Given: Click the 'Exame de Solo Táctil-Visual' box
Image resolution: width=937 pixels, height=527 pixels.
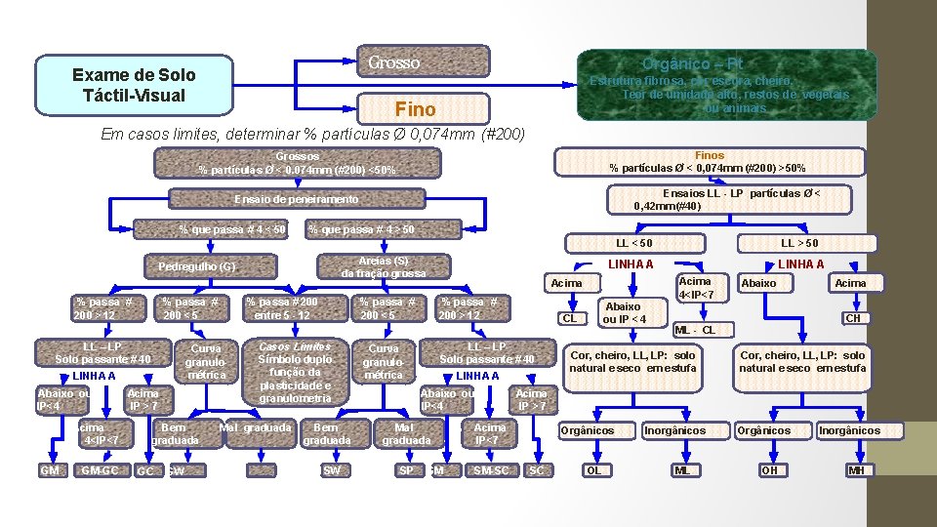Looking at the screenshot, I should (134, 85).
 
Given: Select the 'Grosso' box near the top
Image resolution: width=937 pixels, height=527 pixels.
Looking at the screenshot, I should (393, 63).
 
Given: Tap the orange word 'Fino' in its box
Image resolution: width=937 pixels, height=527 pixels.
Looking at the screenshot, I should (415, 107).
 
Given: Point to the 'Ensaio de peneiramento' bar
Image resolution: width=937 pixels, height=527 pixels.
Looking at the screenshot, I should (297, 199).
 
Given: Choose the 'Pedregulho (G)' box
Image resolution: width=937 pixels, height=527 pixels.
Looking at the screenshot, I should (197, 266).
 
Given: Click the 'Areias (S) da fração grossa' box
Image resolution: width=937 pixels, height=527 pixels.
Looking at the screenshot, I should (383, 266).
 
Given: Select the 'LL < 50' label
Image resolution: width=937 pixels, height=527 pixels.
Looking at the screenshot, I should (634, 242).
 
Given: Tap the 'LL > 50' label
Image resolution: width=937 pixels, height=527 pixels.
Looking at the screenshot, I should (799, 242).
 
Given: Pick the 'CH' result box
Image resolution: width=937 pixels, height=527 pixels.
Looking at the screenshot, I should (852, 318).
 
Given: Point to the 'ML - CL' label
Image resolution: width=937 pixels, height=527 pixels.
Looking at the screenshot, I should (695, 330).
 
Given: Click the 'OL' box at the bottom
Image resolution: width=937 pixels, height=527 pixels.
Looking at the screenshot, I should (592, 470).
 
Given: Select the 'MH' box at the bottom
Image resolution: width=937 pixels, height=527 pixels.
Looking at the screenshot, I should (857, 470).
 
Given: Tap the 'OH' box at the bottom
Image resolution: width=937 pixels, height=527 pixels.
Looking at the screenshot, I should (770, 470).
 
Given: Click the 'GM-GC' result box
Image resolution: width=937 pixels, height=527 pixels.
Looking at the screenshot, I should (100, 470).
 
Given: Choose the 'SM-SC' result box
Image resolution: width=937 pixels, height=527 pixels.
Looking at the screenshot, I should (490, 470).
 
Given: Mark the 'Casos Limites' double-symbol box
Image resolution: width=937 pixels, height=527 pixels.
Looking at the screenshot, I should (293, 372).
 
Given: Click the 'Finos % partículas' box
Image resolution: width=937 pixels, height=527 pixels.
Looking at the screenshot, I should (709, 161).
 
